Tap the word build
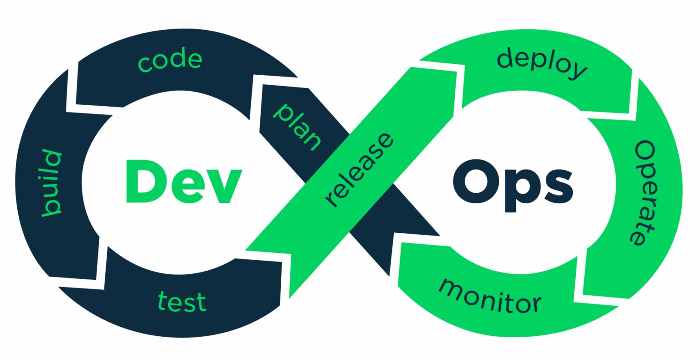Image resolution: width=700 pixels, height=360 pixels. [x=52, y=183]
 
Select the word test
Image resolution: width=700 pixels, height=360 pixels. [x=182, y=302]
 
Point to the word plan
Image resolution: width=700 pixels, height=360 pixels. [x=297, y=128]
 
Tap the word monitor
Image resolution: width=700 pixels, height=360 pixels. [x=490, y=296]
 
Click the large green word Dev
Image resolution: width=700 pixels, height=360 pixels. [x=184, y=181]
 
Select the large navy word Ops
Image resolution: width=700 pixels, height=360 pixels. [x=513, y=185]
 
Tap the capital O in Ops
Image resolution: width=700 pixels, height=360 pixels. [x=476, y=181]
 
